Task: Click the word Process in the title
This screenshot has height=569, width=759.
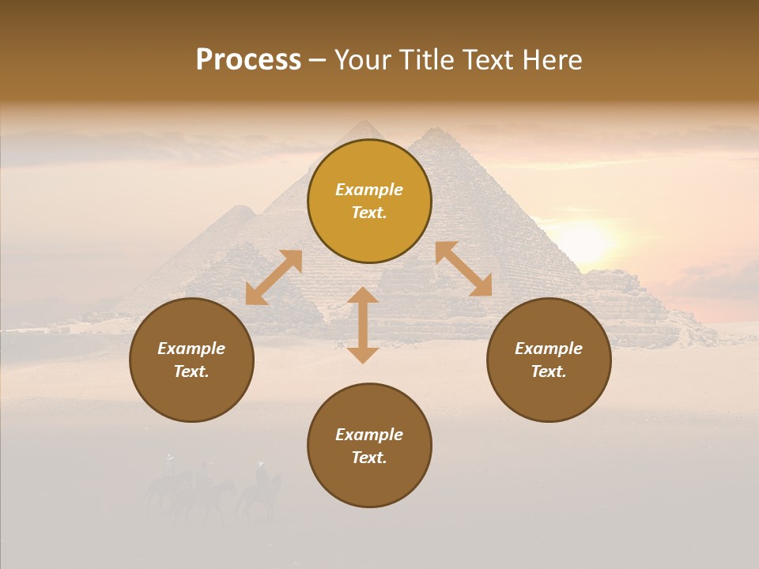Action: click(x=248, y=60)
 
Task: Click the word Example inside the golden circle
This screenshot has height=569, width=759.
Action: click(x=369, y=190)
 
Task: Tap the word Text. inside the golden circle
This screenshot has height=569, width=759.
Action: click(x=369, y=213)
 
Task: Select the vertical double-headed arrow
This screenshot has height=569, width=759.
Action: click(x=363, y=325)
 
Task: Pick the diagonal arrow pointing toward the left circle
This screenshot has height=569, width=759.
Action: click(x=274, y=277)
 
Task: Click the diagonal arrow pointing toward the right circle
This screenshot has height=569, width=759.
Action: click(x=464, y=269)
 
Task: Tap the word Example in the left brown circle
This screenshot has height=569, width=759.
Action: click(x=191, y=349)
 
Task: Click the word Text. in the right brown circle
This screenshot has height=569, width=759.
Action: click(x=549, y=371)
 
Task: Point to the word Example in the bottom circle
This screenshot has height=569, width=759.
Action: click(x=369, y=435)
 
